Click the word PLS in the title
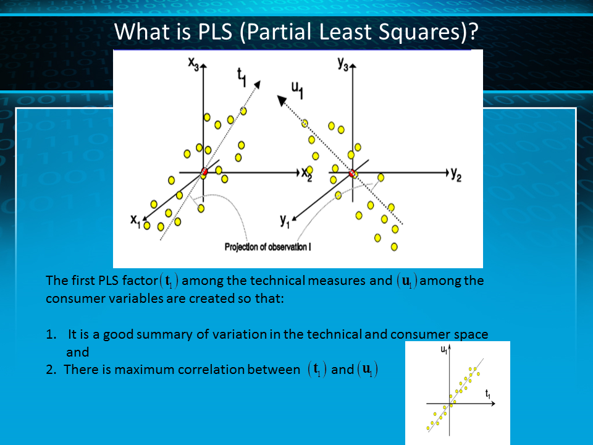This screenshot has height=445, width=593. pyautogui.click(x=215, y=32)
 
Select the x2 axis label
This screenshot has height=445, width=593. pyautogui.click(x=307, y=174)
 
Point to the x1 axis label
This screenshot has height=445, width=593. pyautogui.click(x=135, y=221)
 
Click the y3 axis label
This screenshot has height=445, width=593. pyautogui.click(x=343, y=64)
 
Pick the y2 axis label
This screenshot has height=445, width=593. pyautogui.click(x=456, y=174)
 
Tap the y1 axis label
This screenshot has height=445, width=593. pyautogui.click(x=285, y=221)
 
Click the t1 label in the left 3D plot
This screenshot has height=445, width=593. pyautogui.click(x=242, y=77)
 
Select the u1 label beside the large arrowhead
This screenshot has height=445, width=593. pyautogui.click(x=297, y=90)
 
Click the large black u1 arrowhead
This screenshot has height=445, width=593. pyautogui.click(x=282, y=101)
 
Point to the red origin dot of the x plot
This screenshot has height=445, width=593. pyautogui.click(x=204, y=171)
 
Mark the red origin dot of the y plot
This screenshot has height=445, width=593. pyautogui.click(x=352, y=173)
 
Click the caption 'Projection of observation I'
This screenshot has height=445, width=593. pyautogui.click(x=267, y=247)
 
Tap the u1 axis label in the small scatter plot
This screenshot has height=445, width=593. pyautogui.click(x=444, y=350)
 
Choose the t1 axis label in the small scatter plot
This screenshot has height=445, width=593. pyautogui.click(x=488, y=394)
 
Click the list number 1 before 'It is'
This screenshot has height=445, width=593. pyautogui.click(x=51, y=334)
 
